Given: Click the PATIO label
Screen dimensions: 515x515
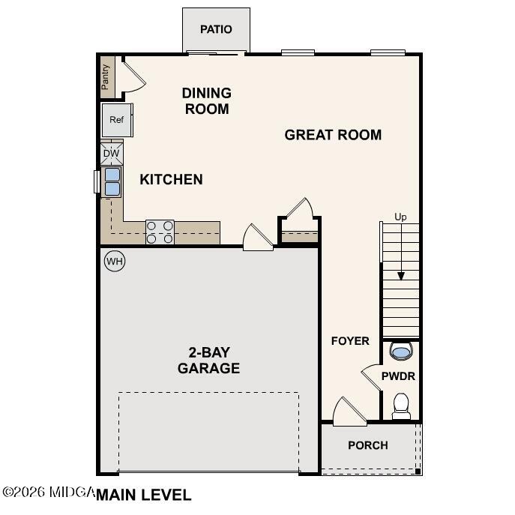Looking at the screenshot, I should click(216, 29).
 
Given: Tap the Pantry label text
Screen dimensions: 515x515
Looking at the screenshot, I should click(106, 76).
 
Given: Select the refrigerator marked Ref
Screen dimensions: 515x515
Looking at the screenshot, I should click(117, 120).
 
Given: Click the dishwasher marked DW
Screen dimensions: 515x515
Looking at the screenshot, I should click(111, 154).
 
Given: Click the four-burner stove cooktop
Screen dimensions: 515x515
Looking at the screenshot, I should click(160, 232).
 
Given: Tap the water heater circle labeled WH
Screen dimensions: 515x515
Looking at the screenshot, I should click(114, 261).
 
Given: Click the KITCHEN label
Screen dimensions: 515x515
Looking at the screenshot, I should click(171, 179).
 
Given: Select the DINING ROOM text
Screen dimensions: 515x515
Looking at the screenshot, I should click(206, 100).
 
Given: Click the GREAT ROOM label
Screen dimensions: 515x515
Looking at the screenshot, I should click(333, 135).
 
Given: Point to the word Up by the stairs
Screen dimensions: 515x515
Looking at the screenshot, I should click(401, 217).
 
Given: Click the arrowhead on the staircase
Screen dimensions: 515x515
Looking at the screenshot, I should click(401, 275).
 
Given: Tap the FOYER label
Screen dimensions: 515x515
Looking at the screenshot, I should click(350, 341).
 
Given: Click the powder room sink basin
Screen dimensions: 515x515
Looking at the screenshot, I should click(402, 351).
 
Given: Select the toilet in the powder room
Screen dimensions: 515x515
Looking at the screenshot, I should click(401, 406).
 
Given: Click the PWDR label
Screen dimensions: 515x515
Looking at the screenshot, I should click(398, 376).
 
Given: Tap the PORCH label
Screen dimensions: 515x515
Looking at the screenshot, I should click(368, 445).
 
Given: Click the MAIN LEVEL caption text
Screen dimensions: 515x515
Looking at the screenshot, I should click(143, 495).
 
